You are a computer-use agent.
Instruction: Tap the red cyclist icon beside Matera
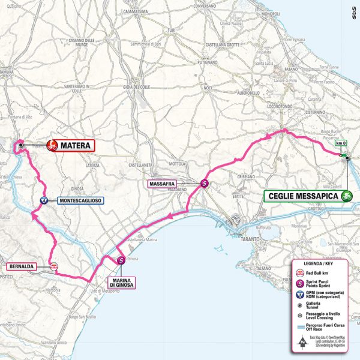[x=52, y=145]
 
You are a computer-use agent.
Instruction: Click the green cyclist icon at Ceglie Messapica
[x=346, y=196]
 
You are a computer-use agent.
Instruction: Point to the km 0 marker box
[x=341, y=143]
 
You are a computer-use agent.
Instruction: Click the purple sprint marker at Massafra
[x=205, y=184]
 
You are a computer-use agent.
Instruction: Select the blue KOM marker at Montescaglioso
[x=44, y=201]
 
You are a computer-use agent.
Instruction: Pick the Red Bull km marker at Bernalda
[x=54, y=266]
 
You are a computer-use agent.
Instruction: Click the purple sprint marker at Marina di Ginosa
[x=121, y=260]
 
